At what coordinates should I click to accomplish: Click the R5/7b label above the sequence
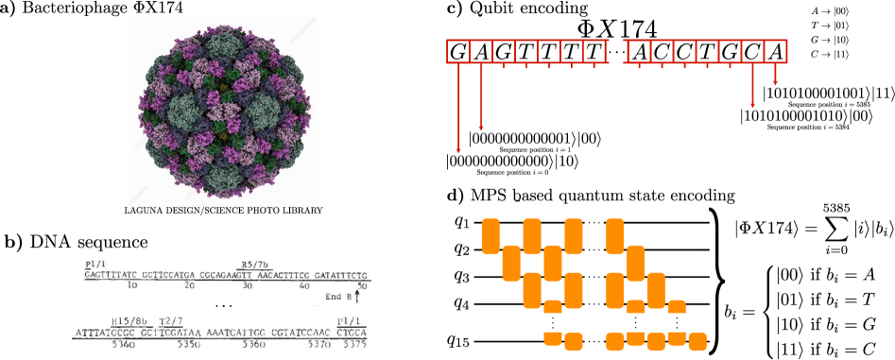[254, 264]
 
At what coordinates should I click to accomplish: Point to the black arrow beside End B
[357, 295]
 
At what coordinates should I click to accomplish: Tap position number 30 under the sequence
[248, 285]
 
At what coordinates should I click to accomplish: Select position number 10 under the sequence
[131, 285]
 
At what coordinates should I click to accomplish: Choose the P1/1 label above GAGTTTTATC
[95, 264]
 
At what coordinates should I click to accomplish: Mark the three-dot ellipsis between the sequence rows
[224, 305]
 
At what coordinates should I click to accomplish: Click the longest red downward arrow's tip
[458, 151]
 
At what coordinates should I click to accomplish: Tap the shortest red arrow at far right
[776, 82]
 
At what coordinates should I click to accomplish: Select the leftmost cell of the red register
[457, 51]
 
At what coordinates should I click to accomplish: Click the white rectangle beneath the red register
[619, 83]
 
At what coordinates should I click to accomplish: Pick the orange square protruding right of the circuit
[697, 341]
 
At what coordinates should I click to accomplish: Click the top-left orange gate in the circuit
[491, 236]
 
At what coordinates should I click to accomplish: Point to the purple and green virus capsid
[224, 111]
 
